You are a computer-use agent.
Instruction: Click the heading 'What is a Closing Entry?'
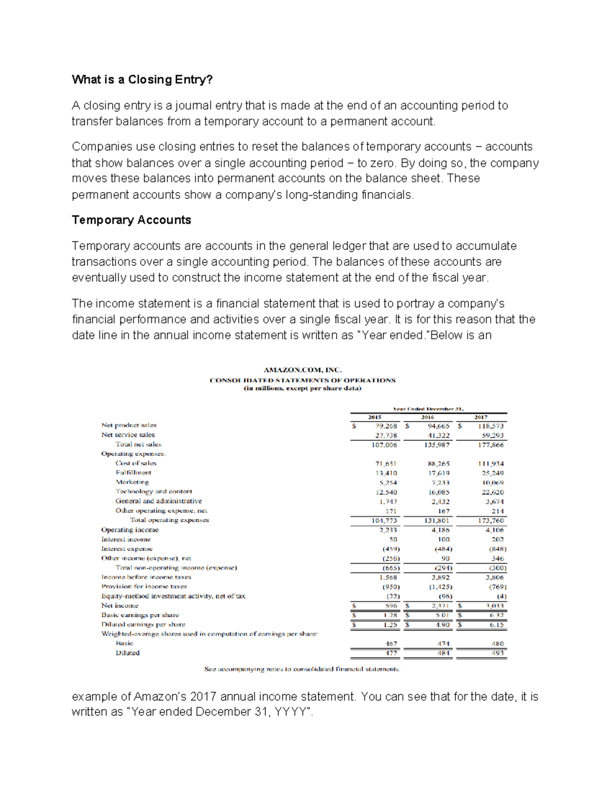(142, 80)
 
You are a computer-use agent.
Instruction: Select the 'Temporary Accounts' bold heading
(132, 220)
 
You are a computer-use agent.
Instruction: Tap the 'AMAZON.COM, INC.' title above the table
(302, 370)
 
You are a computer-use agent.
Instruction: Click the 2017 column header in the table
(481, 417)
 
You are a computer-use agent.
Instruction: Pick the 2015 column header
(375, 417)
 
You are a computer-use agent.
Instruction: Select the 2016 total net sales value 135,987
(437, 445)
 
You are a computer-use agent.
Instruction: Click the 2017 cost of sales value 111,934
(491, 464)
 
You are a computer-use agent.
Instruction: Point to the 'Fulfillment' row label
(133, 473)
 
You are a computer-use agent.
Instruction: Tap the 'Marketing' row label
(132, 482)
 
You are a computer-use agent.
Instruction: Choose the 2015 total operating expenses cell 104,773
(384, 521)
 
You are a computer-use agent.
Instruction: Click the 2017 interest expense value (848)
(497, 549)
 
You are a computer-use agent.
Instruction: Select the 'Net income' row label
(120, 605)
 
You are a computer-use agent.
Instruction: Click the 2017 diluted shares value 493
(497, 653)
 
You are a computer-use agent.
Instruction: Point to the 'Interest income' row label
(126, 539)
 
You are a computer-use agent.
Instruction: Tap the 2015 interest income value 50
(393, 540)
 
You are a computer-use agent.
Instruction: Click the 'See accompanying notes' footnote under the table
(302, 669)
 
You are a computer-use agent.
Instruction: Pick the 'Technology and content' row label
(154, 492)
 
